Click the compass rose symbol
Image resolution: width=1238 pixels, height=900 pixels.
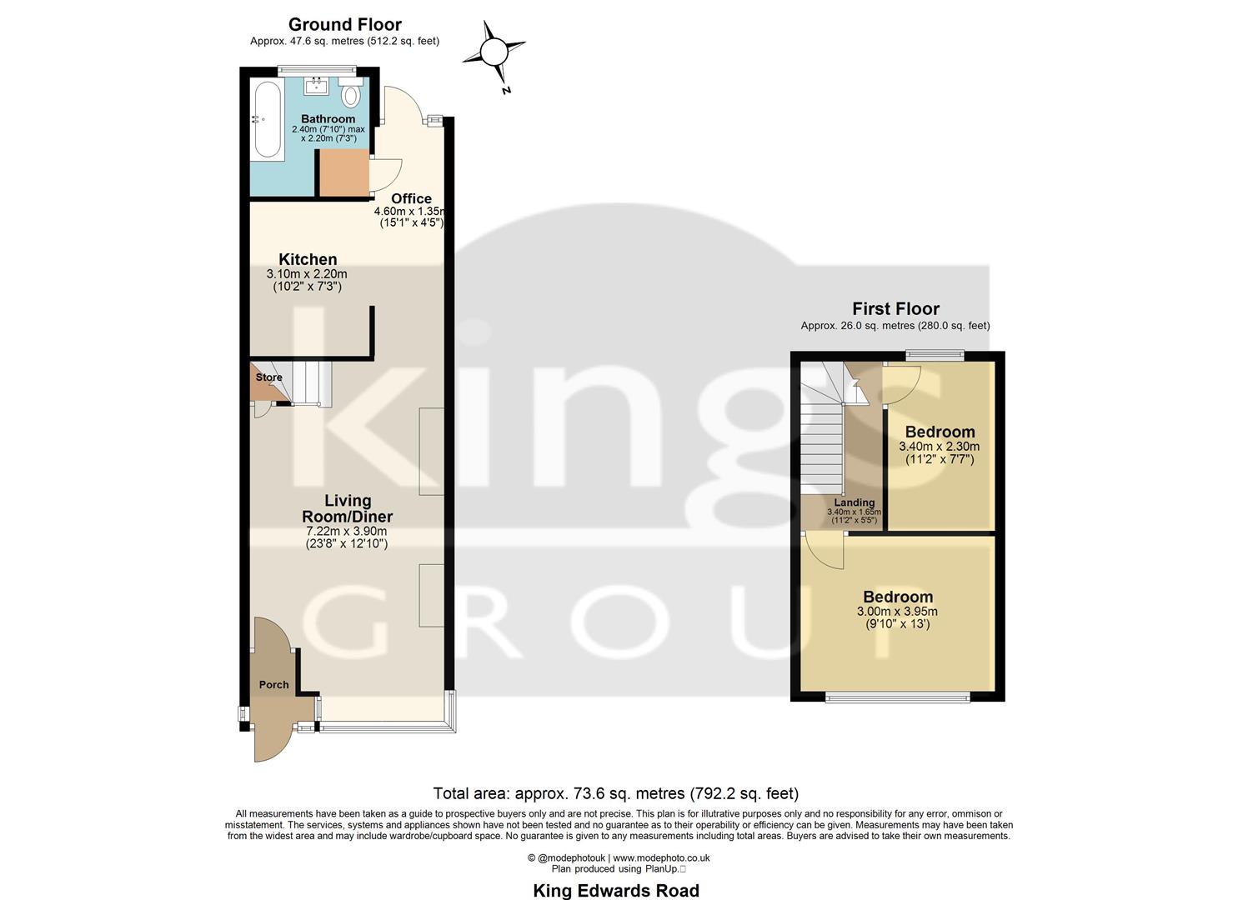[494, 52]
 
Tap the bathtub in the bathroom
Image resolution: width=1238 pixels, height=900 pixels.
[268, 120]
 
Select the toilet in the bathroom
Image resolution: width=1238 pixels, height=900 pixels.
[351, 95]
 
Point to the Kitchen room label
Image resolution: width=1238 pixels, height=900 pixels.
[308, 259]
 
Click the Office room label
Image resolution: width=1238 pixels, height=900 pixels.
[411, 198]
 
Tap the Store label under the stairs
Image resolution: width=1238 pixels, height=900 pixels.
[268, 377]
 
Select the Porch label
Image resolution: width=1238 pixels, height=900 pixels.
[273, 685]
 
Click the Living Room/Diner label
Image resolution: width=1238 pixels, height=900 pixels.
[347, 508]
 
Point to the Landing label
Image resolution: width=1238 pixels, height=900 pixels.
[855, 502]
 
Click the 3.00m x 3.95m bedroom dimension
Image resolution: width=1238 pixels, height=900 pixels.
[897, 611]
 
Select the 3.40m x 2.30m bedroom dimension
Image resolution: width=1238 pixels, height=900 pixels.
[939, 447]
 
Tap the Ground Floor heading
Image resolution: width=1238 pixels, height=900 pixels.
[344, 24]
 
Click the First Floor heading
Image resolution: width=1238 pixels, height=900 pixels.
[895, 308]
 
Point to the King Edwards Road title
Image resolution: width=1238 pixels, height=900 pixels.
[616, 891]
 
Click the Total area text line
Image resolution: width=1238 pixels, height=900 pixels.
[615, 793]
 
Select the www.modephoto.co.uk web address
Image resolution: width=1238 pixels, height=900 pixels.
[661, 857]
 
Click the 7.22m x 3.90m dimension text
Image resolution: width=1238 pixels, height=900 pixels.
[347, 531]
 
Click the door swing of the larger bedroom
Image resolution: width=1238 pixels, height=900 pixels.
[824, 552]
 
